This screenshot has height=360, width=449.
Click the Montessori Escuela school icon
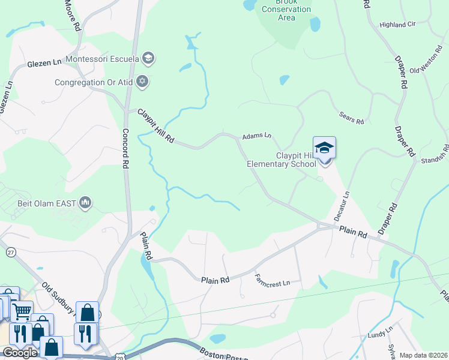149,58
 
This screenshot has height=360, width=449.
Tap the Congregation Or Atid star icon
142,82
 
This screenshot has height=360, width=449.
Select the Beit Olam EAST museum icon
85,203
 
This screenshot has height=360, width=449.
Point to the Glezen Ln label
44,63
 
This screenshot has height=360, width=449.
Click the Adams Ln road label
257,136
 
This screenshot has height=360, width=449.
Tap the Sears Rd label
352,118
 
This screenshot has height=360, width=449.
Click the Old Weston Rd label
429,62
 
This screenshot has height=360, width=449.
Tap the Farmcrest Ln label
272,280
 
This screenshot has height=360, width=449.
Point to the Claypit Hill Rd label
155,125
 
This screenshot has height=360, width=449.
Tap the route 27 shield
11,253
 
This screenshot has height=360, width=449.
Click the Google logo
20,353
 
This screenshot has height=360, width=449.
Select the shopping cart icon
22,311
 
